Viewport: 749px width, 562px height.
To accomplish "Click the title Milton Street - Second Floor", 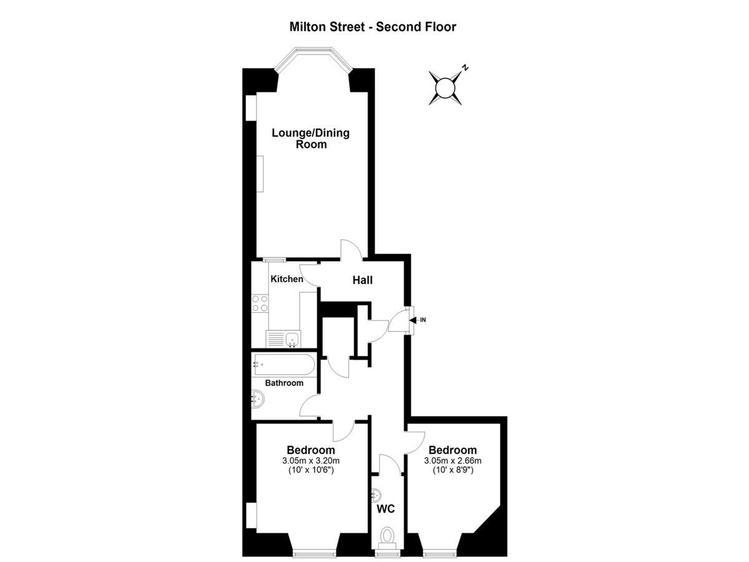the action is (373, 27).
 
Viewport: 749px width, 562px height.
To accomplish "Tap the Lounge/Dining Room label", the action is (310, 138).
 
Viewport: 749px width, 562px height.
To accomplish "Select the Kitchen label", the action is (286, 279).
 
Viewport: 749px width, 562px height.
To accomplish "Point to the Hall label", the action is (363, 280).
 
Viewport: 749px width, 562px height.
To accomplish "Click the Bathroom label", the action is (284, 383).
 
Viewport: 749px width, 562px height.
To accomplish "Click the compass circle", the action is (445, 88).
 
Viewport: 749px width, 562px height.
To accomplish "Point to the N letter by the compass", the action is (465, 67).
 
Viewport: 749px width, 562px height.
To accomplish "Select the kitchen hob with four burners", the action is (260, 303).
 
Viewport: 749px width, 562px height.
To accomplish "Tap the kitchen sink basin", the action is (293, 339).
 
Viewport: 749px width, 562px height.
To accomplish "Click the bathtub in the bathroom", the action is (283, 365).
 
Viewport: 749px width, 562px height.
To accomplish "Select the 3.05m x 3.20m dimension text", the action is (310, 461).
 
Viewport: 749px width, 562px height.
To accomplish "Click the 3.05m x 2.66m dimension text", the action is (453, 461).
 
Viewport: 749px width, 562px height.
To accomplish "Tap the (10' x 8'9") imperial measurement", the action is (453, 470).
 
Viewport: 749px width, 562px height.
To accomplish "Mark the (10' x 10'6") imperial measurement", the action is (311, 470).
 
